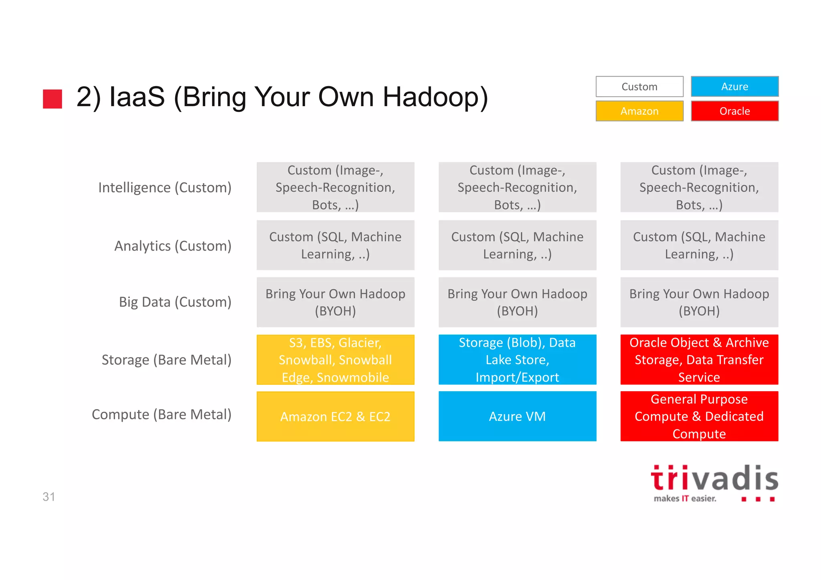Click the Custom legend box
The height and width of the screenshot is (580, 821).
[639, 87]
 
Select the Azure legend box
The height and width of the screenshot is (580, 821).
[734, 87]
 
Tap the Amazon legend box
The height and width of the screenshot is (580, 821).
[639, 111]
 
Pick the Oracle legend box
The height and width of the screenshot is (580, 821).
[734, 111]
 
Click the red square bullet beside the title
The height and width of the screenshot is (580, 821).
[53, 99]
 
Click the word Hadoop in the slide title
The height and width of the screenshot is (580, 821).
[435, 97]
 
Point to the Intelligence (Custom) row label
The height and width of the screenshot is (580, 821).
[165, 188]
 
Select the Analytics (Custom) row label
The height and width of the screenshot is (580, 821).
[173, 246]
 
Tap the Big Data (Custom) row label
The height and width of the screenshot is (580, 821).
[175, 302]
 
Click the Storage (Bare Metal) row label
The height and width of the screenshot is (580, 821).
[166, 360]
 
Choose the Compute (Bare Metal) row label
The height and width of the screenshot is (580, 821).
[162, 414]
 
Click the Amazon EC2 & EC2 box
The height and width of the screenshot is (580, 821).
[335, 416]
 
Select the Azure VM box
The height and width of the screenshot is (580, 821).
[517, 416]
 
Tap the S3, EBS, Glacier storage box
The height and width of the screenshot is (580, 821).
[335, 360]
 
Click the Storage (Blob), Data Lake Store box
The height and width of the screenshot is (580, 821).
[517, 360]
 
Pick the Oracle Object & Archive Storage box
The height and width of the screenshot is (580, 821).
[699, 360]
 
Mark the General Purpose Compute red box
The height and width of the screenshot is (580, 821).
[699, 416]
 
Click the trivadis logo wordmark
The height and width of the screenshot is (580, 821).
[714, 479]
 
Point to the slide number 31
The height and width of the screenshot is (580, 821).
[49, 497]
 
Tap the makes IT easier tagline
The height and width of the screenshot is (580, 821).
[685, 499]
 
